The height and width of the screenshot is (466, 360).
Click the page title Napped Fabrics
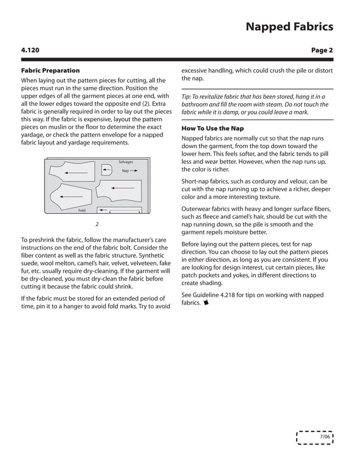(x=288, y=27)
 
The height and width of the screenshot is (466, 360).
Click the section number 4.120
(x=30, y=50)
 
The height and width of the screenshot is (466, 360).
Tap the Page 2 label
(x=322, y=50)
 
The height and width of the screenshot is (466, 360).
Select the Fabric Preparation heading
(x=50, y=71)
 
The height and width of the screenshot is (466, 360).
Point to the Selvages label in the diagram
(x=125, y=162)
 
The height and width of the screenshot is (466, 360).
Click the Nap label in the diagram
(x=125, y=170)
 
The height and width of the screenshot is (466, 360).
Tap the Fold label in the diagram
(x=82, y=210)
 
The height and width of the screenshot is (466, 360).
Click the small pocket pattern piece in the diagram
(x=108, y=170)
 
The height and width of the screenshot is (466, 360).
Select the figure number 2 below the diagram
(x=96, y=224)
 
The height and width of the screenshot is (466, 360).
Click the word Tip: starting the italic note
(x=187, y=96)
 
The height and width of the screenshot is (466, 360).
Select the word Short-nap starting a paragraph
(x=197, y=181)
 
